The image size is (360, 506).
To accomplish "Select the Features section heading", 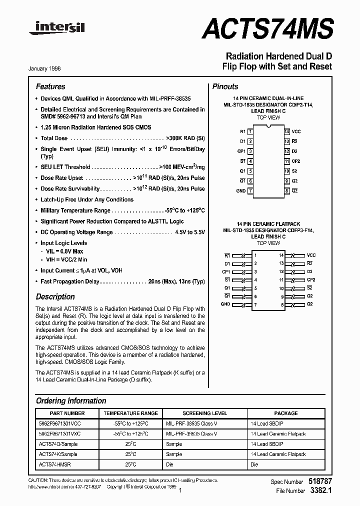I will [50, 86].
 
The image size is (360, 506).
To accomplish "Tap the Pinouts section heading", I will [225, 86].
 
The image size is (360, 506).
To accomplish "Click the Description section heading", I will [55, 296].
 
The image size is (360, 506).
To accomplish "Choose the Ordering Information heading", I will [71, 400].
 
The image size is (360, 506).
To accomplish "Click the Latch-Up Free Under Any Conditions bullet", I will [87, 199].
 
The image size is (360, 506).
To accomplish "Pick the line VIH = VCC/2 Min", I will [66, 259].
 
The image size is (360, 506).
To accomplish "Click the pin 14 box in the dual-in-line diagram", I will [287, 131].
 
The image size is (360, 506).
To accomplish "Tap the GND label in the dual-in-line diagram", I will [240, 190].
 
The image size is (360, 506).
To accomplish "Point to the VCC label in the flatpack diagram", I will [311, 255].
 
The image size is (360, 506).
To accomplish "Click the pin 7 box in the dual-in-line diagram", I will [250, 190].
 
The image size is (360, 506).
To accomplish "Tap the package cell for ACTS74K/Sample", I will [278, 454].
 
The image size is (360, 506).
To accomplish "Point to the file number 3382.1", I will [320, 490].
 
